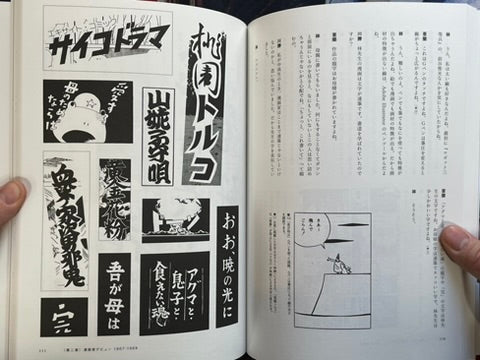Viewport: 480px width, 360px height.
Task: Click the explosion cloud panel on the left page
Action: (x=173, y=219)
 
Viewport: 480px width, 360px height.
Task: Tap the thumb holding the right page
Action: (x=459, y=246)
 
